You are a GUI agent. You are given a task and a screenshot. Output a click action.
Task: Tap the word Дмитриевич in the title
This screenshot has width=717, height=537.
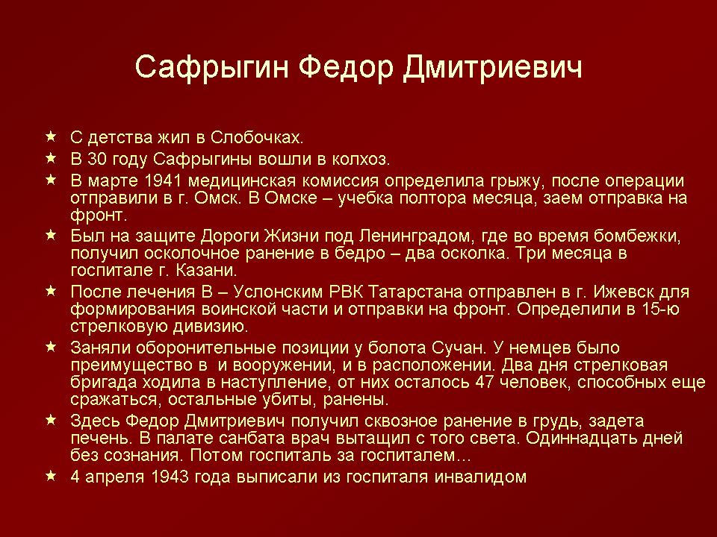click(x=494, y=68)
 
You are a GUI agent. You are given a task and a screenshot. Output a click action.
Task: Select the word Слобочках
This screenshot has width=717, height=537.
click(x=257, y=137)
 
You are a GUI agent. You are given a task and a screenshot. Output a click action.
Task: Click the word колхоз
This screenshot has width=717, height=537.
click(x=361, y=159)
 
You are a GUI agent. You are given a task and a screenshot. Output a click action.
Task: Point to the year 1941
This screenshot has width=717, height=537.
click(x=162, y=180)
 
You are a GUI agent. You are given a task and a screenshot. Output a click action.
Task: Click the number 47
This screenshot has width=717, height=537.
click(x=484, y=382)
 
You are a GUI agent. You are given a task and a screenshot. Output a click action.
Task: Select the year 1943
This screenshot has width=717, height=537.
click(x=170, y=477)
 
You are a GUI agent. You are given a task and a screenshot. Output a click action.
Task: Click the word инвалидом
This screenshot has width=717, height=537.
click(x=480, y=477)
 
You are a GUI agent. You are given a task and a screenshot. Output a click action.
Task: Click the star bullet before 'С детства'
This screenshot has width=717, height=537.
click(x=51, y=136)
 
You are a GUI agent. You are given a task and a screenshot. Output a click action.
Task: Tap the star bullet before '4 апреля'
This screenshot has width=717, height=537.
click(x=51, y=475)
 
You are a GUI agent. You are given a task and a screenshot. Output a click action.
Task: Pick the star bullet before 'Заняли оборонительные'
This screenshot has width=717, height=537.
click(x=51, y=347)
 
